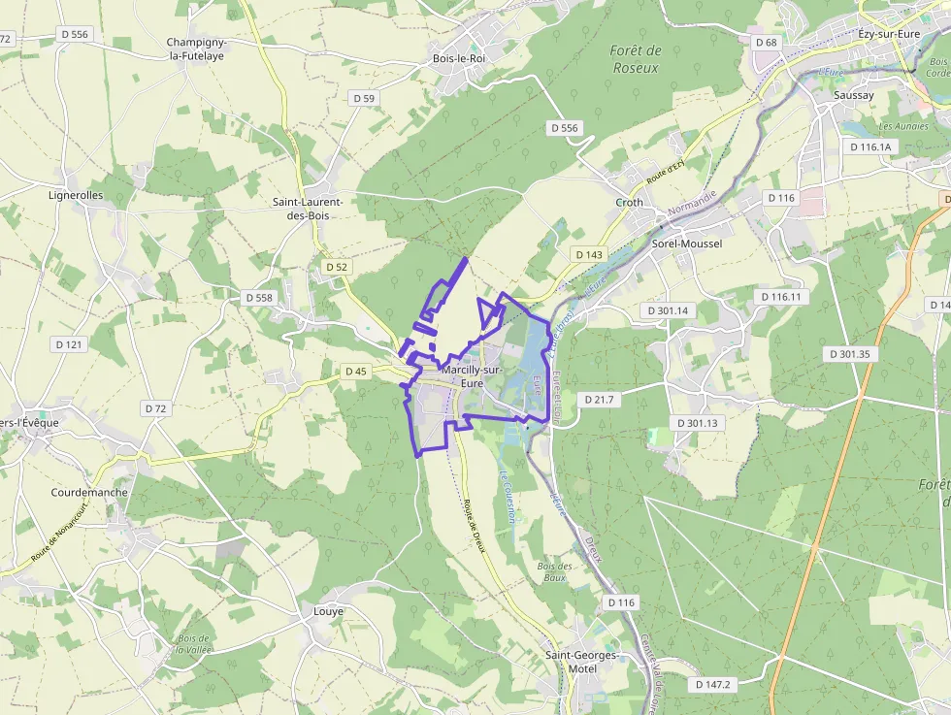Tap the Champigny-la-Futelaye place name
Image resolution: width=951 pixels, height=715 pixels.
[195, 49]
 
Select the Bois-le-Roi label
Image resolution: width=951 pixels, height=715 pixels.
[458, 58]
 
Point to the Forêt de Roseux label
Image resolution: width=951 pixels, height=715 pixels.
[636, 59]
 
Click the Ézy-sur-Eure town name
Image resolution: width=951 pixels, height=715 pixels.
[889, 34]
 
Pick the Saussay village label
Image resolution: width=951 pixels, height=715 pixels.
[854, 96]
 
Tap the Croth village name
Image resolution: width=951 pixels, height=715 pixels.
[629, 203]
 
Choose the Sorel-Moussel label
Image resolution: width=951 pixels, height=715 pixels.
[687, 244]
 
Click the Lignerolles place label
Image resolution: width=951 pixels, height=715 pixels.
[76, 195]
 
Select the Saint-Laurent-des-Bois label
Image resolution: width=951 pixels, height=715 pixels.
[300, 209]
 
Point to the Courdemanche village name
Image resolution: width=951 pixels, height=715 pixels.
[89, 492]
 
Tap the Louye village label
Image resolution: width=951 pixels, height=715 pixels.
[328, 611]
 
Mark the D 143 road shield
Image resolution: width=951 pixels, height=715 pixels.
[589, 254]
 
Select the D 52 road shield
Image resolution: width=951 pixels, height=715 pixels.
[337, 266]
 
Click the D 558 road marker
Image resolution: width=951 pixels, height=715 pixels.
[259, 298]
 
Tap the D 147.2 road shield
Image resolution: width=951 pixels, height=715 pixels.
[713, 684]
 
